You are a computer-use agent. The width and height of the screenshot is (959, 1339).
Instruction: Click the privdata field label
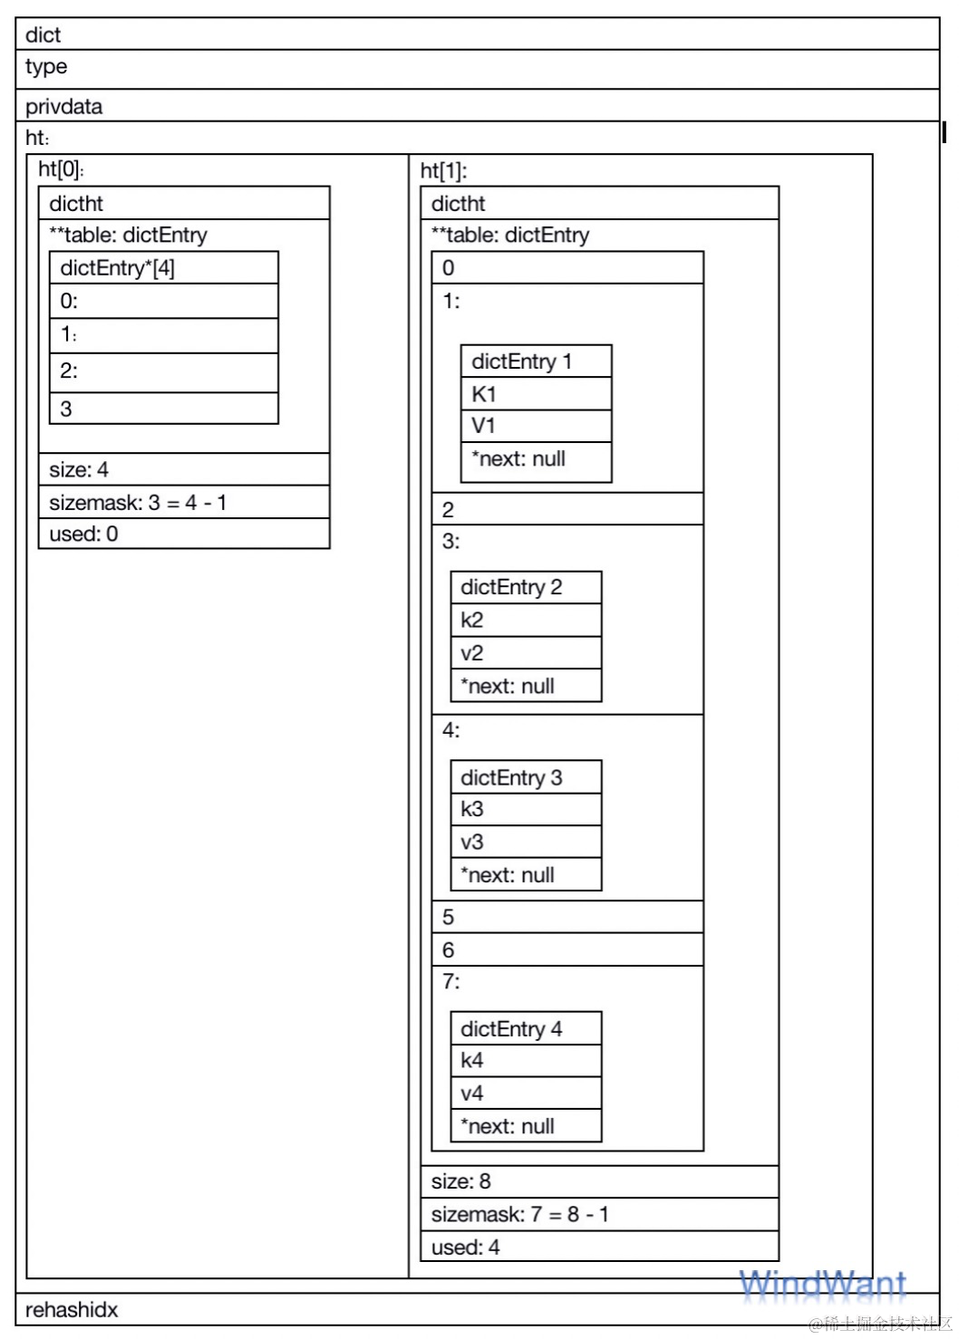pos(64,107)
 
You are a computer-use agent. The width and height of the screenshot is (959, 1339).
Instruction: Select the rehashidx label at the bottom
pos(72,1310)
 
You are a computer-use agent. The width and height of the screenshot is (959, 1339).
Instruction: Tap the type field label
pos(46,67)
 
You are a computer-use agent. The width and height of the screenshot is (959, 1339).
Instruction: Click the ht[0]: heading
pos(61,169)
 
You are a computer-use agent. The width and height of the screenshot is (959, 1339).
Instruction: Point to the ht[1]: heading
pos(443,170)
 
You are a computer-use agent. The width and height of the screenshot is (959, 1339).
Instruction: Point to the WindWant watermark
pos(822,1285)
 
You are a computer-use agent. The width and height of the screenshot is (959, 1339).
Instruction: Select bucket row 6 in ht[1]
pos(567,950)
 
